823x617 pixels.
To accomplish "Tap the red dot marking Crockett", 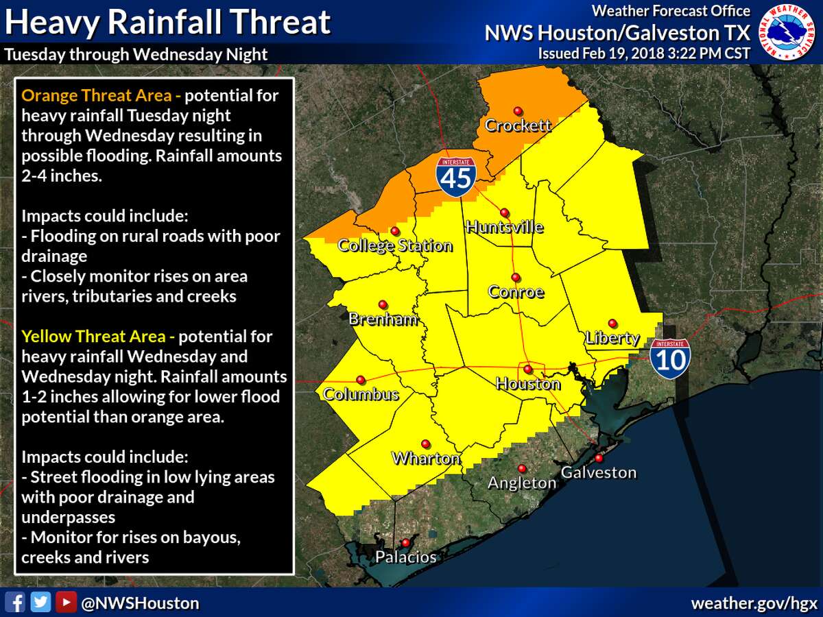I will pos(518,110).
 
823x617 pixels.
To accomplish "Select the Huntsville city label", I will pos(504,228).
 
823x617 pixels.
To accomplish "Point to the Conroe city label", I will pos(516,292).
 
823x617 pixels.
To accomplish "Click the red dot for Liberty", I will pos(612,323).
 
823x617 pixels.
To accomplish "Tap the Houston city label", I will pos(527,384).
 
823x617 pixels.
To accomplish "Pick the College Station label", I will pos(395,246).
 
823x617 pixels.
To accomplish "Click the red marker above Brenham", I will pos(382,304).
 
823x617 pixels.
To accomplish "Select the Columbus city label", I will pos(361,395).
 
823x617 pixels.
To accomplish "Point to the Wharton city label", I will pos(425,459).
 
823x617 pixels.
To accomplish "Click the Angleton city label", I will pos(521,483).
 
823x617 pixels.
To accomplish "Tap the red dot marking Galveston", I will pos(599,458).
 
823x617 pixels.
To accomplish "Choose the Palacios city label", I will pos(405,557).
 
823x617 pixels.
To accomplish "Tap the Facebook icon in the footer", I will pos(18,603).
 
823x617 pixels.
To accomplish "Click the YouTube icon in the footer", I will pos(65,603).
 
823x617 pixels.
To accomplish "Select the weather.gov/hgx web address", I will pos(754,603).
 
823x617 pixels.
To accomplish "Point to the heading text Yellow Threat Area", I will pos(93,337).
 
